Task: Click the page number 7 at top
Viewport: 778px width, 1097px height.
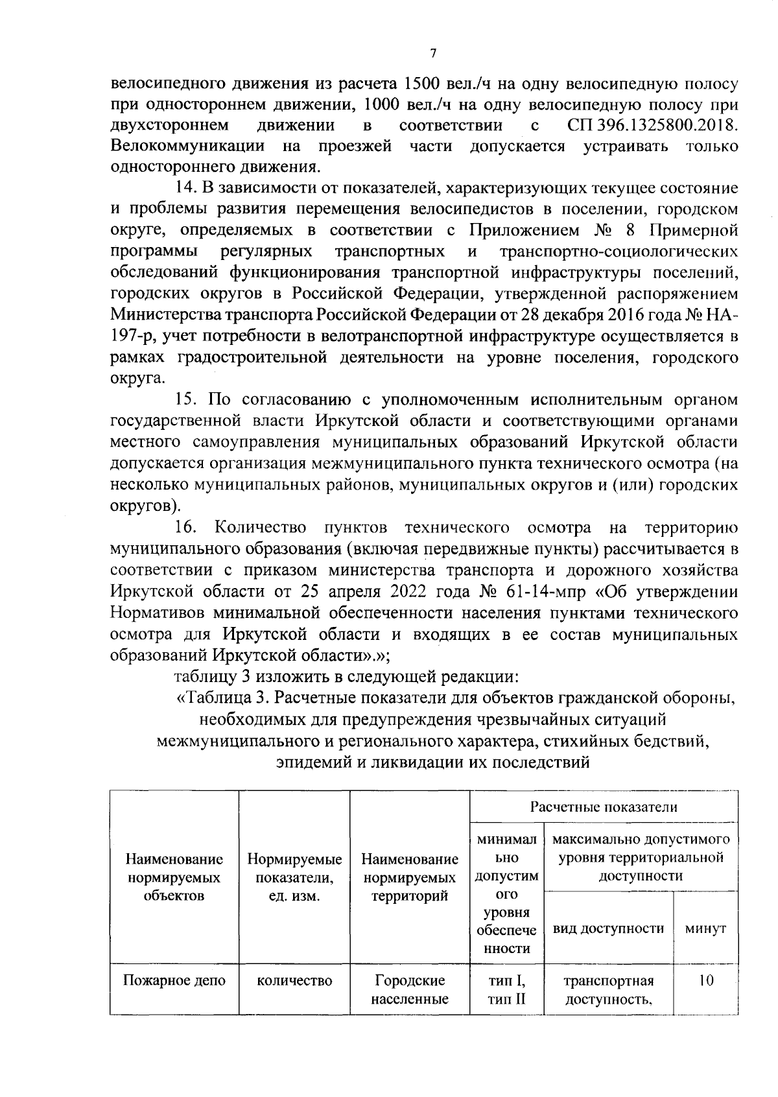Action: coord(433,53)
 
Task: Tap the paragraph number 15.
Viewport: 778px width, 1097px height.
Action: coord(187,400)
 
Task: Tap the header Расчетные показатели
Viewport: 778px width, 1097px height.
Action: coord(604,807)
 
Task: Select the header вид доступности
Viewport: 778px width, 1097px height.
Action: coord(608,928)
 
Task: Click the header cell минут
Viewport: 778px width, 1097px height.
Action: coord(705,928)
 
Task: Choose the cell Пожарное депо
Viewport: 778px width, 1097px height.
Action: coord(174,980)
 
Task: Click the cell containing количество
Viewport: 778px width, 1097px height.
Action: coord(294,980)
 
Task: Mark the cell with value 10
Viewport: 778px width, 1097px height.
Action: coord(705,980)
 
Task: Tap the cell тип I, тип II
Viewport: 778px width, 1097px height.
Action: coord(506,989)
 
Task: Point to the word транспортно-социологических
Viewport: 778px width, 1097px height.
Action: coord(619,252)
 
